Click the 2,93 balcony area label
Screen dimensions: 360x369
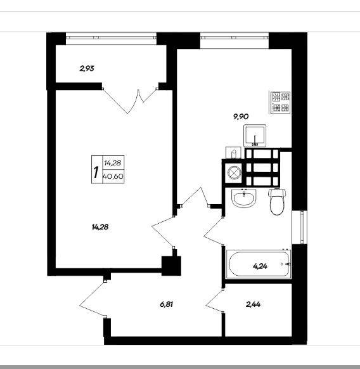tap(87, 68)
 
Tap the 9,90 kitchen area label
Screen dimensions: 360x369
tap(241, 117)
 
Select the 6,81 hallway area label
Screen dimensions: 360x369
tap(167, 304)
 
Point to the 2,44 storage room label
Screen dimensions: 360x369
tap(253, 304)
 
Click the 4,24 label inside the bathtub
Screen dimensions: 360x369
tap(260, 266)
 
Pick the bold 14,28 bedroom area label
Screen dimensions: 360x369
tap(100, 227)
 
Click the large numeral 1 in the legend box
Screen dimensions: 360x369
tap(96, 172)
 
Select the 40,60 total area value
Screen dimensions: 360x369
tap(113, 176)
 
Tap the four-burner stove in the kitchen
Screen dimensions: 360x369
tap(281, 102)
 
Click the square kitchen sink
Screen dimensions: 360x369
tap(255, 136)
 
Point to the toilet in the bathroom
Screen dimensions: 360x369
tap(277, 202)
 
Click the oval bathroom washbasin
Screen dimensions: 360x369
tap(244, 198)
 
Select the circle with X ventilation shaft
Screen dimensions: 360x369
tap(234, 172)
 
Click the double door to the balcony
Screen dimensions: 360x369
tap(130, 101)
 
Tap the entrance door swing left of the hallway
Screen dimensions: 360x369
tap(93, 299)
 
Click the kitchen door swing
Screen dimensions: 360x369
tap(194, 197)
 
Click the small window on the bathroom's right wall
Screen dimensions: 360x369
tap(300, 228)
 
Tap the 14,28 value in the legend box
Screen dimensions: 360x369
tap(113, 162)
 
